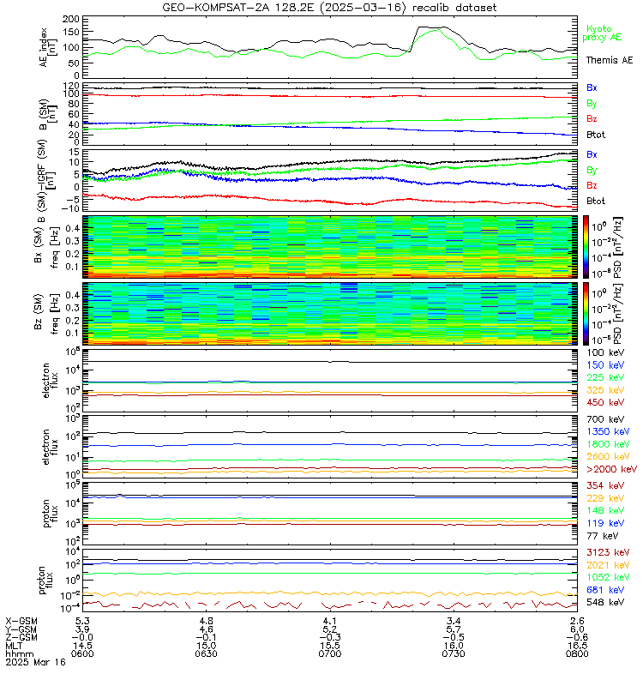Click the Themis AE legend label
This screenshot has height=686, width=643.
609,61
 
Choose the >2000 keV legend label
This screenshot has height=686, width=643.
610,470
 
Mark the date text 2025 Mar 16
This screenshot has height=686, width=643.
34,662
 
